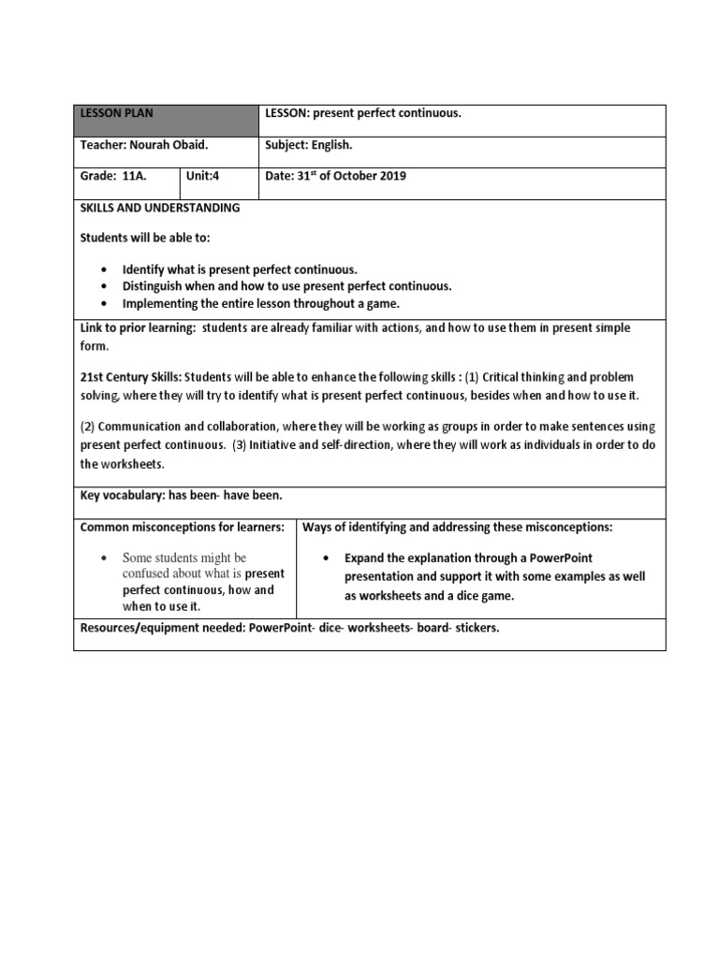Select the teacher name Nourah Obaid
(164, 146)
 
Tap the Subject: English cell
(308, 146)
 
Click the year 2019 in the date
(391, 177)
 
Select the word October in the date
(346, 177)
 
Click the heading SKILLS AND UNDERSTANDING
(159, 208)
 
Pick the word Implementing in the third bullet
(159, 304)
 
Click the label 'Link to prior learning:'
(138, 328)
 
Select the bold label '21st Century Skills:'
(131, 377)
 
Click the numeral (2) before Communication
(87, 426)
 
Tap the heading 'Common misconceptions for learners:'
(182, 528)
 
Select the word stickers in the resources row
(476, 628)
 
